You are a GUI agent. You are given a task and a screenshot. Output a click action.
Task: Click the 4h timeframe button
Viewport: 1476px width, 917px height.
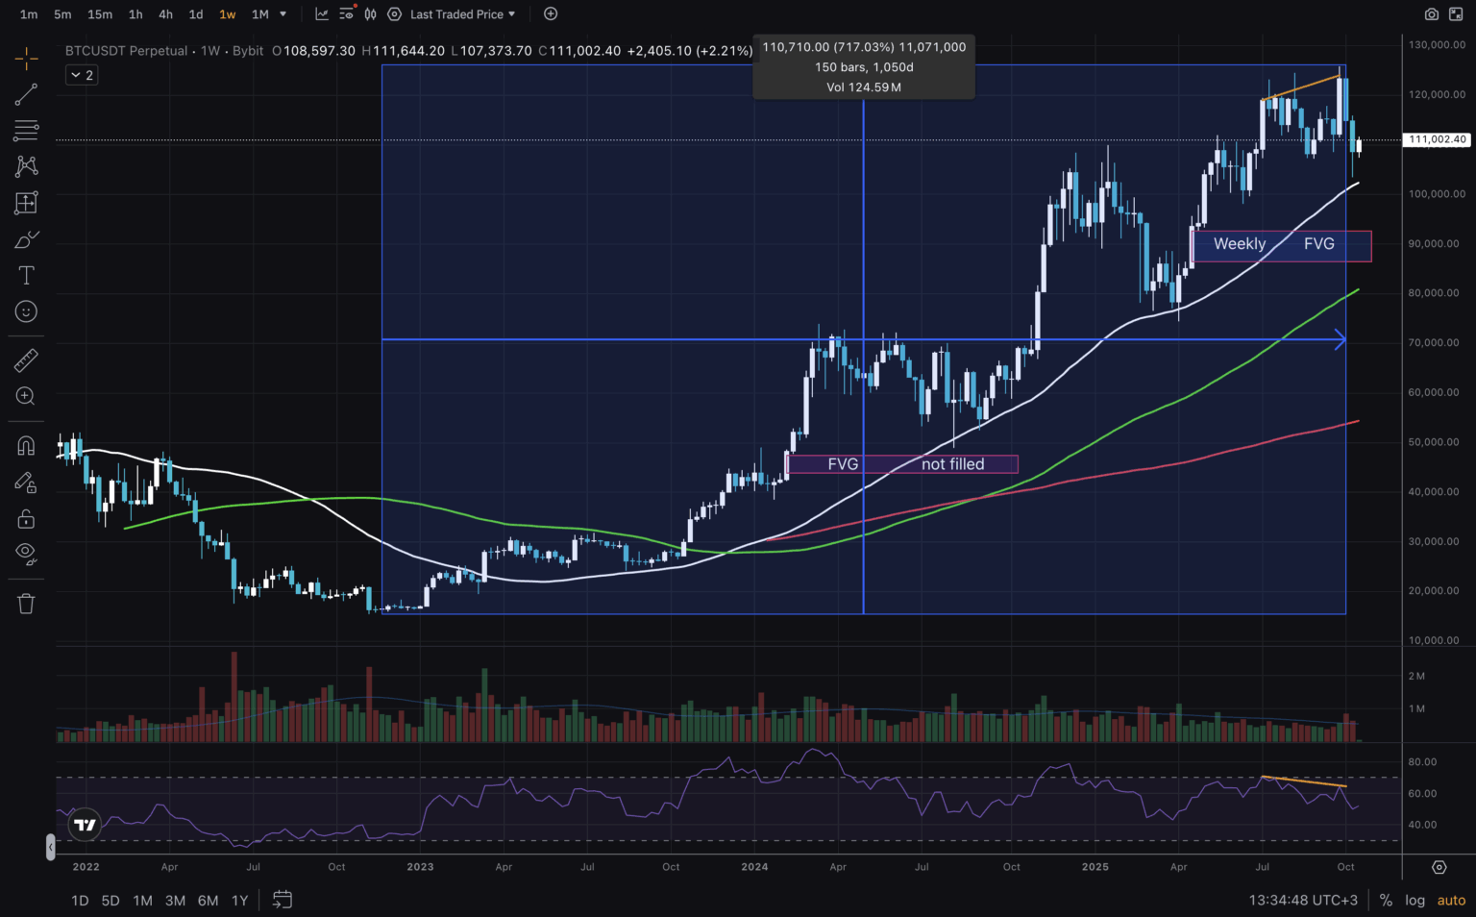[x=165, y=14]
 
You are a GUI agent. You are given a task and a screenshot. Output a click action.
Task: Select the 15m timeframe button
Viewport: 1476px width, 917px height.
[x=100, y=14]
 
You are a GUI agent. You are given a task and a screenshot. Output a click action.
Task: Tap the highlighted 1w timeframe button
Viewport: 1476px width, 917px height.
[x=228, y=14]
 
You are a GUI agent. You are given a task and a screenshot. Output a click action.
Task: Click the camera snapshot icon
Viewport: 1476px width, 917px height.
[x=1432, y=14]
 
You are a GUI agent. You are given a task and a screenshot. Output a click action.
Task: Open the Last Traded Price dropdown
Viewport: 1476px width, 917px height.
[x=462, y=14]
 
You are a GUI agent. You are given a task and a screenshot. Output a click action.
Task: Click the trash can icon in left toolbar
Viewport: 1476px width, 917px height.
[x=26, y=604]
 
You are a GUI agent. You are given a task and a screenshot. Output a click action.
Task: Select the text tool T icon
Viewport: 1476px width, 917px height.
[x=26, y=276]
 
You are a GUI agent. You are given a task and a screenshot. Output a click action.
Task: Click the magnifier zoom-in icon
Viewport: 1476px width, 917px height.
[x=26, y=396]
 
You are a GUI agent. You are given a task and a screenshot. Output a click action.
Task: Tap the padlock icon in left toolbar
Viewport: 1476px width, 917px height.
[x=26, y=519]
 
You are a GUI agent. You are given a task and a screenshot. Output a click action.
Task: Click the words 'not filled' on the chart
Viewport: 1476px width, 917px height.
[x=952, y=464]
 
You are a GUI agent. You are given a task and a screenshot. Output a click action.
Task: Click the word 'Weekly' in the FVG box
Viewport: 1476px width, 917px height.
[x=1240, y=244]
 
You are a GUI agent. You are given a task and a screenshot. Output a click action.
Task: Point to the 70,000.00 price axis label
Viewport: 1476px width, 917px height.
[x=1434, y=343]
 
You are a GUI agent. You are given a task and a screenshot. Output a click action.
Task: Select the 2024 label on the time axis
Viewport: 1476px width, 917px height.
[x=754, y=867]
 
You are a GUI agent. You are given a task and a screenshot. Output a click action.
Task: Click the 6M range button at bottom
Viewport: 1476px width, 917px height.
[x=208, y=901]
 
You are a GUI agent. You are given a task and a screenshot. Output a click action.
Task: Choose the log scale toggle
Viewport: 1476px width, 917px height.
[x=1414, y=901]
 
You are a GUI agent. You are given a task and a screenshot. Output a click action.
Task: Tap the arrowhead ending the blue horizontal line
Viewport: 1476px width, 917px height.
[x=1340, y=339]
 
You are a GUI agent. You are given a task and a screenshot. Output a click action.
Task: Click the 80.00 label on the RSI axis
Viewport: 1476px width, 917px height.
[x=1422, y=762]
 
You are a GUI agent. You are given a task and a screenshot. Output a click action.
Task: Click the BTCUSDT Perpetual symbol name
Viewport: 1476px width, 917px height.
[x=126, y=51]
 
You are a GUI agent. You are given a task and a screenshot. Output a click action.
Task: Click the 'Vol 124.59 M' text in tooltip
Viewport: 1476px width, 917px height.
[x=863, y=87]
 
